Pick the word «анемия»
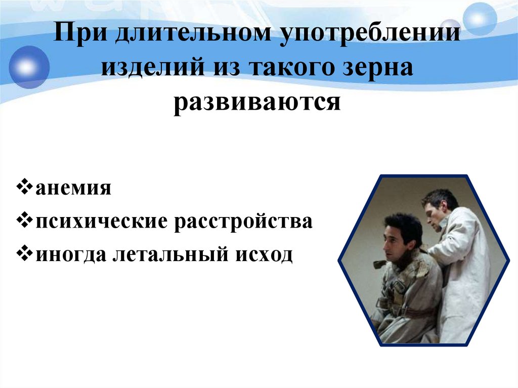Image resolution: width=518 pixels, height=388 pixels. click(x=73, y=189)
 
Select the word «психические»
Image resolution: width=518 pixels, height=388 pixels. click(x=99, y=222)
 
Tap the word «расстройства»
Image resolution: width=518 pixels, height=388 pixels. click(x=244, y=222)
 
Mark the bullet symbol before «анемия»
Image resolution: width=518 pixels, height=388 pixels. click(x=27, y=189)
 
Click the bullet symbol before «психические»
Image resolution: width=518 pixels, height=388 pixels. click(x=27, y=222)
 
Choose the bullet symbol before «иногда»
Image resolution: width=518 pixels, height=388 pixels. click(x=27, y=254)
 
